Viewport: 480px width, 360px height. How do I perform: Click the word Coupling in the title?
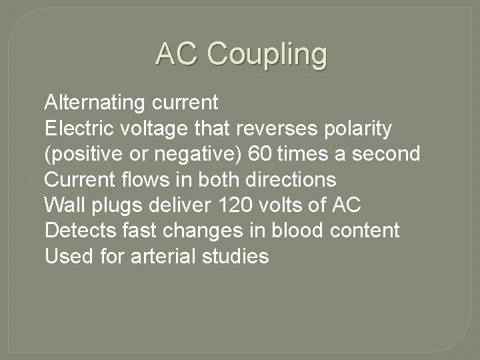coord(267,54)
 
